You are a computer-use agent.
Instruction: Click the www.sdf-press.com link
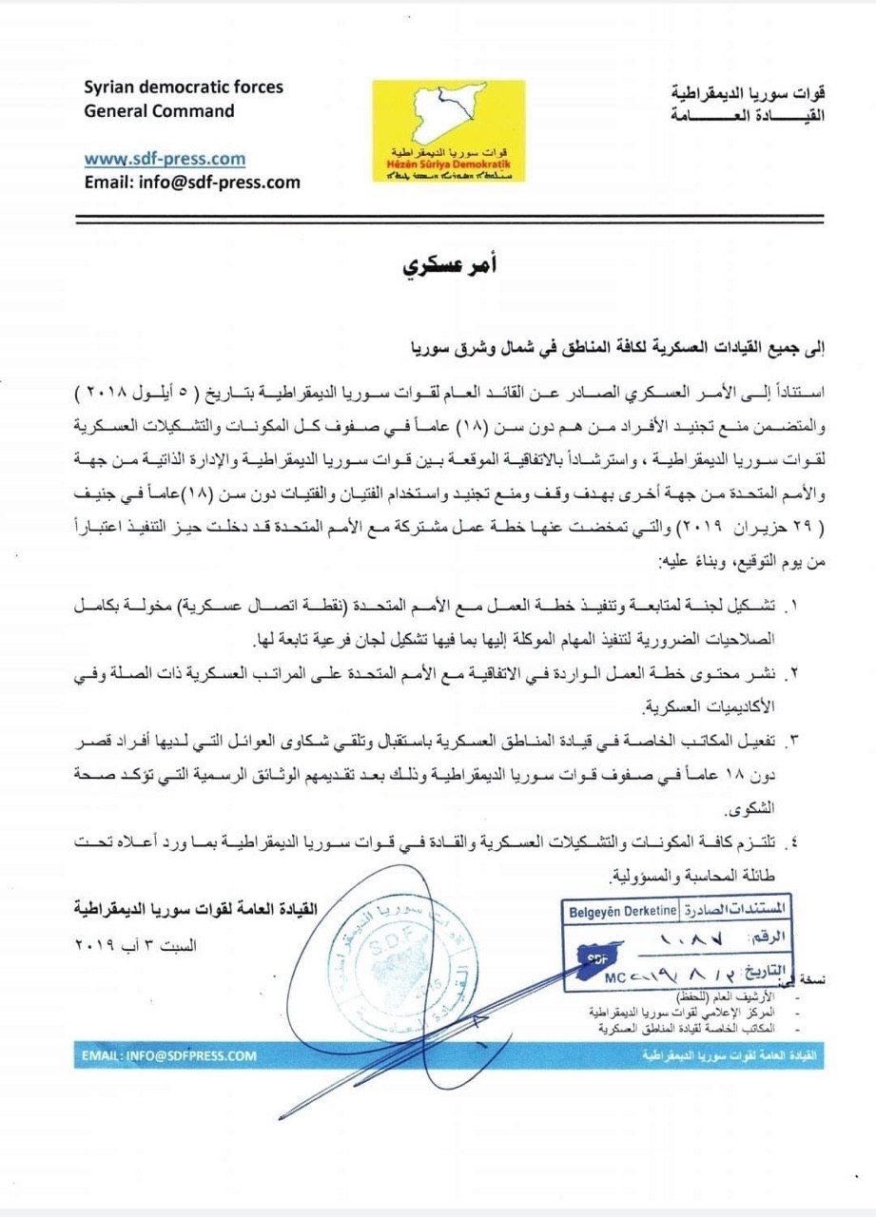click(x=165, y=159)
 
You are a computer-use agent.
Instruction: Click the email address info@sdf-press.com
click(x=192, y=183)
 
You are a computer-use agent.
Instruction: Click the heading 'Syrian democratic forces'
click(x=184, y=87)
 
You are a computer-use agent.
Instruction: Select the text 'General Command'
click(x=159, y=110)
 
